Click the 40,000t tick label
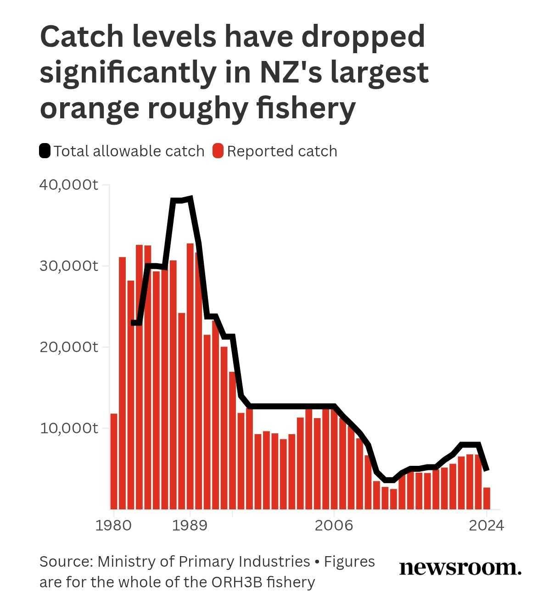click(69, 185)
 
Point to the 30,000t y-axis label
click(69, 266)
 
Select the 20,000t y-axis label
click(69, 347)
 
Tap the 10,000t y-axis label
click(69, 428)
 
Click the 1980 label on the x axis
click(113, 525)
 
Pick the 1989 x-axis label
click(190, 525)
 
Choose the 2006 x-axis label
click(334, 525)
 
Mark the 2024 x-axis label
click(487, 525)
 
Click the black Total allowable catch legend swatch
click(45, 151)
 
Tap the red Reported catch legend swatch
click(218, 151)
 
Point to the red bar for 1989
click(190, 376)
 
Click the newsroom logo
click(460, 568)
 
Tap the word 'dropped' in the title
click(363, 38)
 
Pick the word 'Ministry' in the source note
click(126, 562)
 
